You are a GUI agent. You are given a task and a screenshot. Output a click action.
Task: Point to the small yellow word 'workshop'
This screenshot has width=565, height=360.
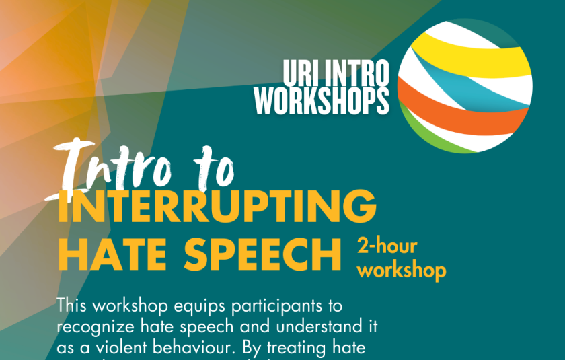(402, 271)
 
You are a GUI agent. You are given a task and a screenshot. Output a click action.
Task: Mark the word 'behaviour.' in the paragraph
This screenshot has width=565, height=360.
(205, 348)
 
